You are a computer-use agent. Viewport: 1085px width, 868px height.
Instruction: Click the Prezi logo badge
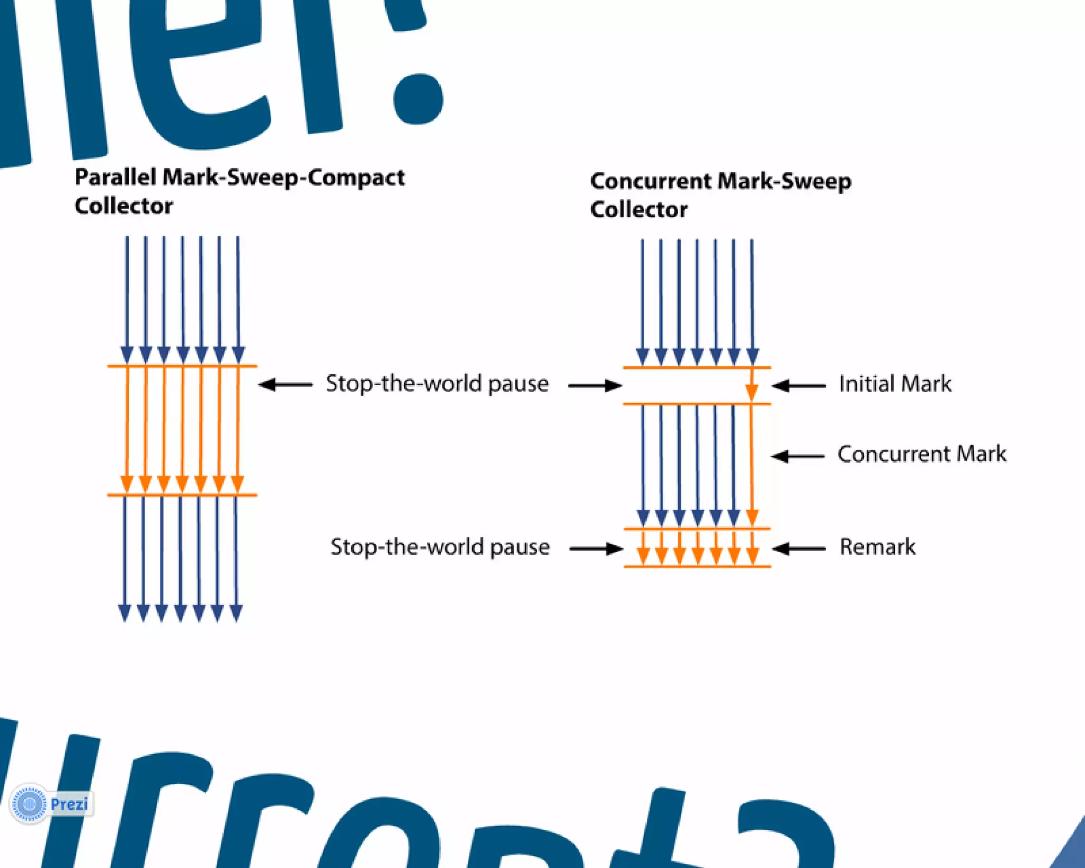tap(51, 804)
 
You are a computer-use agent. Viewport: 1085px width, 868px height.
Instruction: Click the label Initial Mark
tap(895, 384)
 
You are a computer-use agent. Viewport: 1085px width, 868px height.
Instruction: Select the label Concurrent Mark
tap(921, 454)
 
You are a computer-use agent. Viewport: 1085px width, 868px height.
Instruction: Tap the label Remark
tap(877, 547)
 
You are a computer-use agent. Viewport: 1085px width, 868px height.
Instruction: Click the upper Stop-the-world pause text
tap(437, 384)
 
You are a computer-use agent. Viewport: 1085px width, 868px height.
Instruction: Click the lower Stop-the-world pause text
tap(440, 547)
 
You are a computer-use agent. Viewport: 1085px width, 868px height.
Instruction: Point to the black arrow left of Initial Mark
tap(798, 386)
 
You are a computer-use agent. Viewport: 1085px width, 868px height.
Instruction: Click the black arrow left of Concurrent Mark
tap(797, 456)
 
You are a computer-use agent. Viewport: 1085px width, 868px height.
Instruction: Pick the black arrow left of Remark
tap(798, 548)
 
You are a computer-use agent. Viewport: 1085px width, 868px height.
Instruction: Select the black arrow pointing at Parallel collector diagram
tap(285, 385)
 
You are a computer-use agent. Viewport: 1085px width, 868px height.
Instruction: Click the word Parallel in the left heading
tap(115, 178)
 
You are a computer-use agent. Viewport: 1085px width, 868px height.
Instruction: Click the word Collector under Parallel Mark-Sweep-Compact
tap(123, 206)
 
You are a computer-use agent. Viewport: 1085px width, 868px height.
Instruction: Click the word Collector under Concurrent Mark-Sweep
tap(638, 210)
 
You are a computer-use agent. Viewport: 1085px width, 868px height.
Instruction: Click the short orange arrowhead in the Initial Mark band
tap(751, 391)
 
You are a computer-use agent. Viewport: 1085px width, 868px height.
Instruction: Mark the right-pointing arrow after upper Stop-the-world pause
tap(594, 386)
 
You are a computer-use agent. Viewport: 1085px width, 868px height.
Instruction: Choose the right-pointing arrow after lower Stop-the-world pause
tap(596, 548)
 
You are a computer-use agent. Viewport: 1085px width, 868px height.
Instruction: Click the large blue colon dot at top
tap(418, 99)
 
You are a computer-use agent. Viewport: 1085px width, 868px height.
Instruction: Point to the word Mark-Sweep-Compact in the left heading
tap(284, 178)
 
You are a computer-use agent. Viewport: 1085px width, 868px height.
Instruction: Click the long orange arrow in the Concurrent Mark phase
tap(751, 461)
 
